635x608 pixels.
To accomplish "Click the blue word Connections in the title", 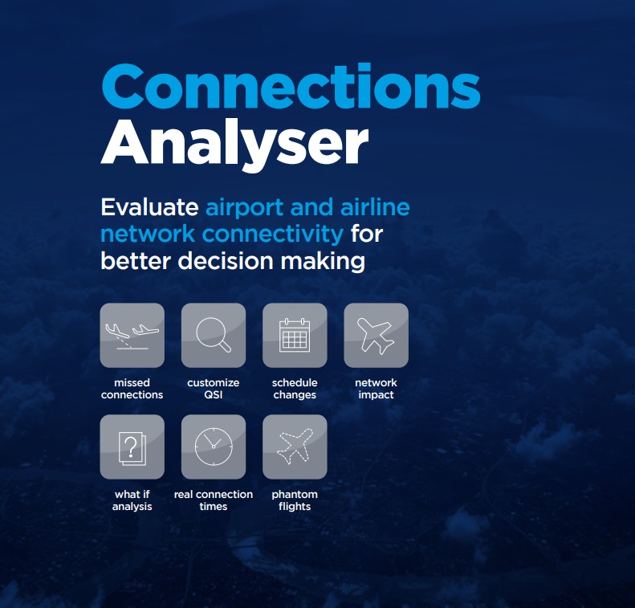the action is [291, 86].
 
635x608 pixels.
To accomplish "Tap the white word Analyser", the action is [234, 145].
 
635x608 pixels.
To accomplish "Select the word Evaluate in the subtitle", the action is [149, 207].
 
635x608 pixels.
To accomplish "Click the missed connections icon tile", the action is [132, 336].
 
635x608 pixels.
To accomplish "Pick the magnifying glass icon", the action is [214, 335].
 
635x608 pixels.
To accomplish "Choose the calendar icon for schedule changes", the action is [295, 335].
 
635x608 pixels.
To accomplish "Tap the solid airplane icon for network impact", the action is [376, 336].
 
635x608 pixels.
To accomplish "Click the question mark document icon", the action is [132, 448].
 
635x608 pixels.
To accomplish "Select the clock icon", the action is [214, 447].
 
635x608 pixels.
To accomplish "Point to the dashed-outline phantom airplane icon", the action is [295, 447].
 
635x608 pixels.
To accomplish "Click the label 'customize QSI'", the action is [214, 389].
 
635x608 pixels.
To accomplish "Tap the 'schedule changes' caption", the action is [295, 389].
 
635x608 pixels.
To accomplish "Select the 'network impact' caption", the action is [376, 389].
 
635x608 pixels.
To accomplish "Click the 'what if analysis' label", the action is [132, 500].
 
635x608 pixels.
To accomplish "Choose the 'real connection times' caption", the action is [214, 500].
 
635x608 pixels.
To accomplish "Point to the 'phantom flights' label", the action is [295, 500].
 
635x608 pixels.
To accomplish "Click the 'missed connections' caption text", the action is [132, 389].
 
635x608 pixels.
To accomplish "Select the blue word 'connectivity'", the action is [273, 235].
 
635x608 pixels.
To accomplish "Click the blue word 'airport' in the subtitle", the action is [245, 208].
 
